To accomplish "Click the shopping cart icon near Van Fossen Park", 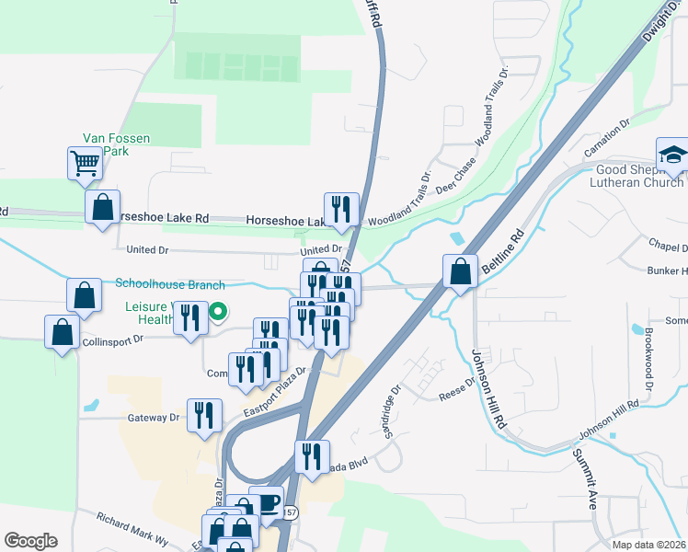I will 85,165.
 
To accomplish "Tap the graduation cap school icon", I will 672,155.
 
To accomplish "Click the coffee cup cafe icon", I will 267,502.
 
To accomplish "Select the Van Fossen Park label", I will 116,144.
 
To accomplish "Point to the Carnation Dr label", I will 607,134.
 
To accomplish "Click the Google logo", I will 30,541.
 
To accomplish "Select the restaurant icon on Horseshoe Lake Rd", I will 340,209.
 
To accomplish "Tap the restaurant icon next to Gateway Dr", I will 204,415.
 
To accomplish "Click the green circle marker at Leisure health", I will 218,313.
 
